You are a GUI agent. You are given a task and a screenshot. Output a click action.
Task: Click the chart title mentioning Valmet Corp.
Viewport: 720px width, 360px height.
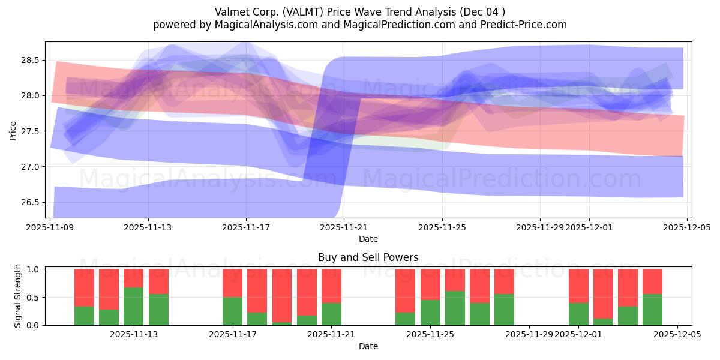point(360,11)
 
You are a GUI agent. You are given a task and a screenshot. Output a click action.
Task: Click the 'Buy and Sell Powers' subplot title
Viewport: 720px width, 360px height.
point(368,257)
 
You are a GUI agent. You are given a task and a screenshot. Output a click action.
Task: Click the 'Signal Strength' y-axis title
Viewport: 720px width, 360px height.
point(17,296)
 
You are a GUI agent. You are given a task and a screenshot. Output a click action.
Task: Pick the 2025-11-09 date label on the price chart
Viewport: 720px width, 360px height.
point(50,228)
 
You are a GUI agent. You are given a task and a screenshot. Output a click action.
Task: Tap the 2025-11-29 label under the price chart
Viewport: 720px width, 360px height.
point(539,228)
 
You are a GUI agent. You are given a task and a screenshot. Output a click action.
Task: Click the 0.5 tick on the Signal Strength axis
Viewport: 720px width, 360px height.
point(32,297)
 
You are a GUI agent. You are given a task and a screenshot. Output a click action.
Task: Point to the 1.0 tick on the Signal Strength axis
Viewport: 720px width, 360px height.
point(32,269)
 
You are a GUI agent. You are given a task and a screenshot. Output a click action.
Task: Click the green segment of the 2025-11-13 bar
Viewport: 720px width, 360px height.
point(134,307)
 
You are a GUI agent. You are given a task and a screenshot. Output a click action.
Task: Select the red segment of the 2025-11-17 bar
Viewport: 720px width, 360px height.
point(232,283)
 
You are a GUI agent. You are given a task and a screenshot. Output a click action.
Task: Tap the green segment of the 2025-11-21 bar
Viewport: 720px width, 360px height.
point(331,314)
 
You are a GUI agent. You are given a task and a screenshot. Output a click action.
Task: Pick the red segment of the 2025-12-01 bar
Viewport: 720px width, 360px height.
point(578,286)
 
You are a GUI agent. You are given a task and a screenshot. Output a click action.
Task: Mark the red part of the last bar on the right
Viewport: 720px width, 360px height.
point(652,281)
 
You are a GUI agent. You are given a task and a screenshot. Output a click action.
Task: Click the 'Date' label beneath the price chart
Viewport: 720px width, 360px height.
point(368,239)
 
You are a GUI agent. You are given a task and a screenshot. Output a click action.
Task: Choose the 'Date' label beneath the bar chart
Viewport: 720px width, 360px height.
point(368,346)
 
